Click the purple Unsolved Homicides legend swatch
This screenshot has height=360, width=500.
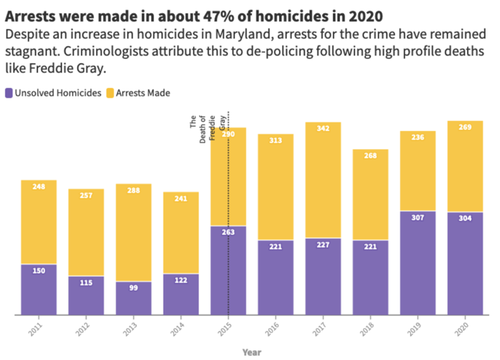pyautogui.click(x=9, y=93)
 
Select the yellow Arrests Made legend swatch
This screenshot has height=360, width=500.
pyautogui.click(x=110, y=93)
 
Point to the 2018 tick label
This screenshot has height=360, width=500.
pyautogui.click(x=370, y=330)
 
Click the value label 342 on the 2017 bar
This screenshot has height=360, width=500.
pyautogui.click(x=323, y=129)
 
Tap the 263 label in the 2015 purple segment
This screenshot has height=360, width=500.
pyautogui.click(x=228, y=233)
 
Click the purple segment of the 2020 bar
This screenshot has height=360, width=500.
pyautogui.click(x=465, y=266)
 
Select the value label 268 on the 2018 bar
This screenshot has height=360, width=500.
pyautogui.click(x=370, y=156)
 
